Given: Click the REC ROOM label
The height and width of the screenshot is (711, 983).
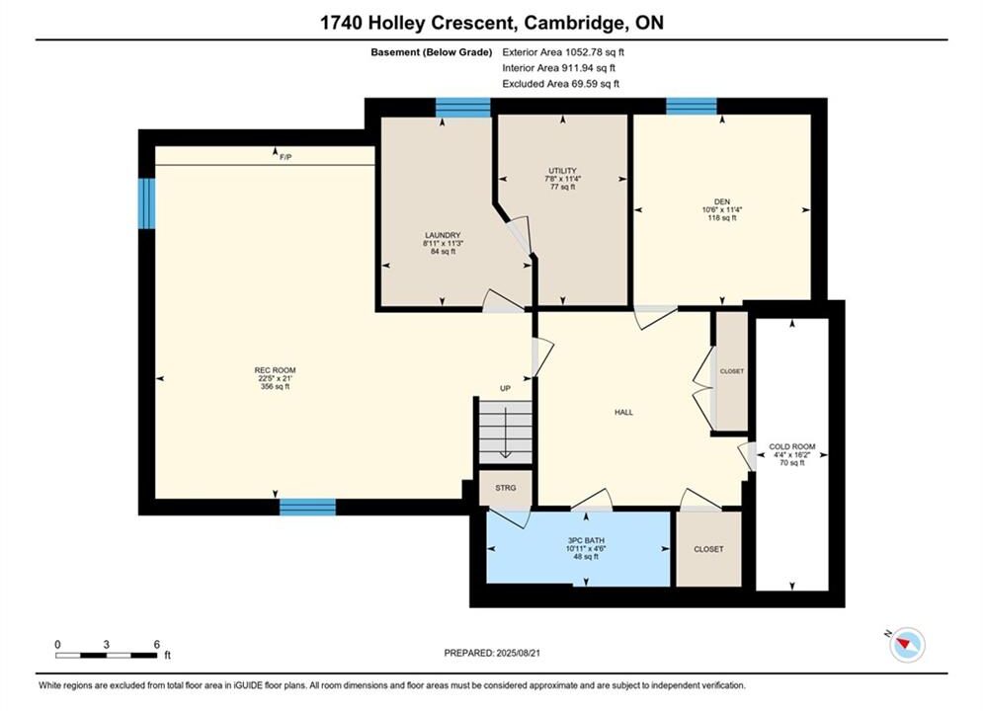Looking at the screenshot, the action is pyautogui.click(x=275, y=370).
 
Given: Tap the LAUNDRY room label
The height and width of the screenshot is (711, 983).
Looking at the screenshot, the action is pyautogui.click(x=443, y=235).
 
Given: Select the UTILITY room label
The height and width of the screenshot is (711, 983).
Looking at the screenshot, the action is pyautogui.click(x=562, y=171).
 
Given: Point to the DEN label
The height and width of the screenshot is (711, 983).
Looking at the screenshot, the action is pyautogui.click(x=722, y=201).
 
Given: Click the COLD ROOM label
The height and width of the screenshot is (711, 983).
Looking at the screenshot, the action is pyautogui.click(x=792, y=446).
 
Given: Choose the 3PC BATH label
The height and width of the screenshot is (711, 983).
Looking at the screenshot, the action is pyautogui.click(x=586, y=540).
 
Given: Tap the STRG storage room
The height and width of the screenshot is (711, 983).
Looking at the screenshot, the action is pyautogui.click(x=506, y=487).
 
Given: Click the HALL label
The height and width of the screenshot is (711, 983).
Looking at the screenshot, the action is pyautogui.click(x=623, y=412).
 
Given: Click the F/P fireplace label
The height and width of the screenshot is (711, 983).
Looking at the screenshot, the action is pyautogui.click(x=286, y=157).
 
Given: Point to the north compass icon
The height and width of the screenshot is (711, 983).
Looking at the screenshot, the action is pyautogui.click(x=907, y=644).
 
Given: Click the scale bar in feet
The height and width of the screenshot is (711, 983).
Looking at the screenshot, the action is pyautogui.click(x=107, y=656).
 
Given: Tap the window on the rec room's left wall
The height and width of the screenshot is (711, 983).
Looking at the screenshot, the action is pyautogui.click(x=146, y=203).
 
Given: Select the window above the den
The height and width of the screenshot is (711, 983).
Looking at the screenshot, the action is pyautogui.click(x=692, y=106).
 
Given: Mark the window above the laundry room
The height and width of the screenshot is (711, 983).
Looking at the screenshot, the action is pyautogui.click(x=462, y=107).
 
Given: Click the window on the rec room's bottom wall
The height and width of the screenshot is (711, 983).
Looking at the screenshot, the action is pyautogui.click(x=307, y=507).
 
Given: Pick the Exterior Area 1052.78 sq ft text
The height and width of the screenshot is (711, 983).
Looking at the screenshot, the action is pyautogui.click(x=563, y=52).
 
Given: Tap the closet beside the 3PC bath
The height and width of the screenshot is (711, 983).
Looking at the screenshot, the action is pyautogui.click(x=708, y=549).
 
